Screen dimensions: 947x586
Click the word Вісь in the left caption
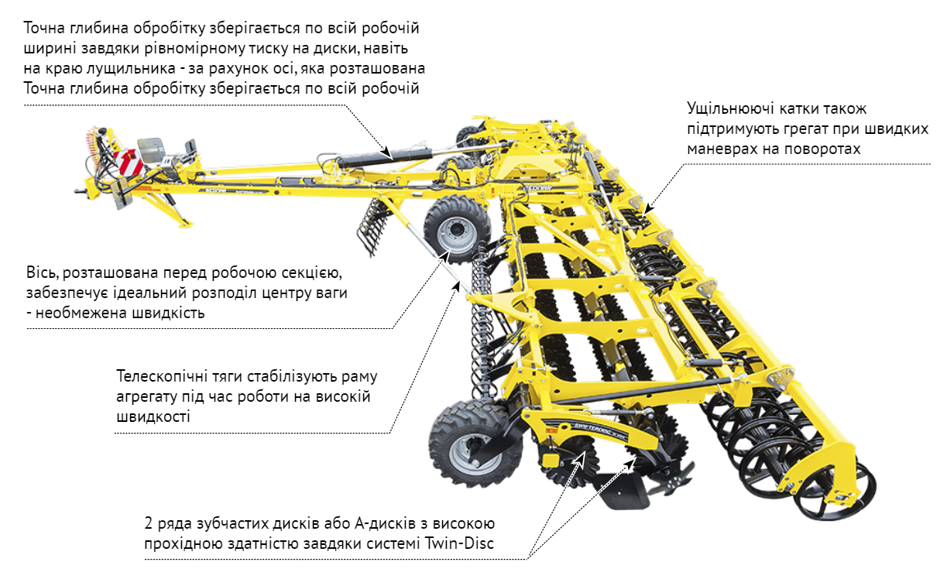[x=42, y=272]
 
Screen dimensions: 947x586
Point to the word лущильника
[x=131, y=69]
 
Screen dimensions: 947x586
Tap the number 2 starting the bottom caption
[x=149, y=523]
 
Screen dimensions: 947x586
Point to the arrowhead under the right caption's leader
[x=649, y=208]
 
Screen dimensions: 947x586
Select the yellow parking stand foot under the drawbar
[x=185, y=223]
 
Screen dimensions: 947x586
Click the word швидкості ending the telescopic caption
[x=153, y=416]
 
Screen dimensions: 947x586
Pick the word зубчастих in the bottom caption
[x=228, y=524]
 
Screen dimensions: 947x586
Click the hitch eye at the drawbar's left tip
[x=79, y=191]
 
